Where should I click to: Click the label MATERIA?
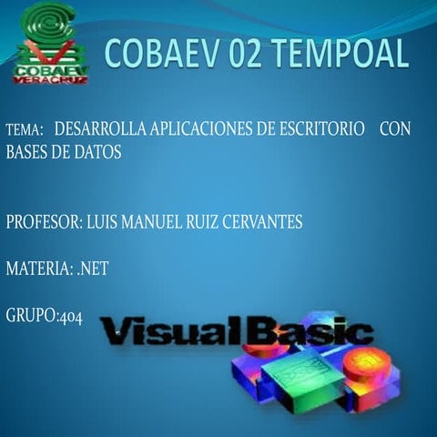(x=39, y=269)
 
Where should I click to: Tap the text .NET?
(x=93, y=269)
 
